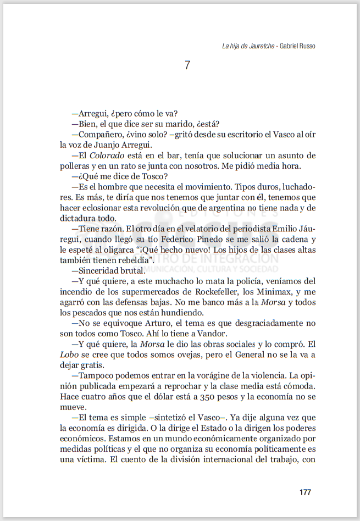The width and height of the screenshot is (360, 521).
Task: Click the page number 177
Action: point(306,492)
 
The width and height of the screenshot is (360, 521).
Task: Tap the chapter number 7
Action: point(187,65)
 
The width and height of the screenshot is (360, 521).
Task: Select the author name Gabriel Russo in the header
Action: point(298,46)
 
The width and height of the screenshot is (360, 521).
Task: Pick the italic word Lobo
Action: point(70,354)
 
